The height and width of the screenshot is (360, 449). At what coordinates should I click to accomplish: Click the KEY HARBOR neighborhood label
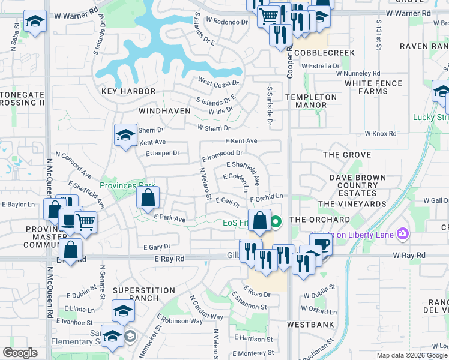click(x=128, y=91)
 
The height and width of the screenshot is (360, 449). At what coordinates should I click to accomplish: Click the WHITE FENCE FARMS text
click(x=373, y=87)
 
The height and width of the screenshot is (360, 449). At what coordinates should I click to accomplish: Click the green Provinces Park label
click(x=127, y=185)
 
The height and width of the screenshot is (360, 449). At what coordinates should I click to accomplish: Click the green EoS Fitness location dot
click(x=276, y=223)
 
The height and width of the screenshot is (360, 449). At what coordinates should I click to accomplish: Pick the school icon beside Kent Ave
click(x=125, y=135)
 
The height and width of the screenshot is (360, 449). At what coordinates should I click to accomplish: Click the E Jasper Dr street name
click(x=163, y=153)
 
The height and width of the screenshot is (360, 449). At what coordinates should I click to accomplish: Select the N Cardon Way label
click(x=206, y=307)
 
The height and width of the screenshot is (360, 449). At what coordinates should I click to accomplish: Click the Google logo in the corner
click(x=20, y=353)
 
